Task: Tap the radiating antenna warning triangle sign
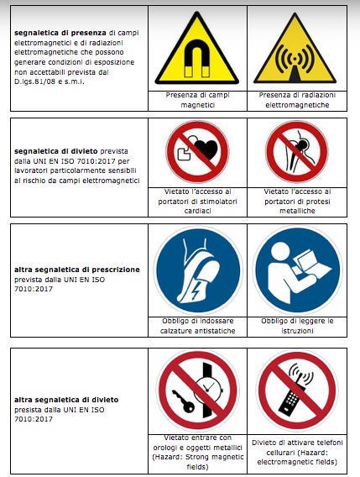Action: [x=295, y=49]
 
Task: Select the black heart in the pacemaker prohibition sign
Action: [x=206, y=149]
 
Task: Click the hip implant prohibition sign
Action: [x=297, y=151]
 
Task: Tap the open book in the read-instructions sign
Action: [x=314, y=264]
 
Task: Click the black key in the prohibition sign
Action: [x=183, y=401]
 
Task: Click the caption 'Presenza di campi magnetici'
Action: [x=198, y=100]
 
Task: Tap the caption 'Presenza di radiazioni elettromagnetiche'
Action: [x=297, y=100]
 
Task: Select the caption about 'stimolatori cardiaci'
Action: [x=198, y=201]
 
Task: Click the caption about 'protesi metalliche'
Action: [x=297, y=201]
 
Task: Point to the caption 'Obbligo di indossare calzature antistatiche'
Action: [x=198, y=326]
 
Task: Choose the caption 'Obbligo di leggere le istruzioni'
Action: [x=297, y=326]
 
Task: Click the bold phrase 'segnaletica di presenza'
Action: [x=60, y=33]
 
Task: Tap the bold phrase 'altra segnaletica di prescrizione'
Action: [x=77, y=270]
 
